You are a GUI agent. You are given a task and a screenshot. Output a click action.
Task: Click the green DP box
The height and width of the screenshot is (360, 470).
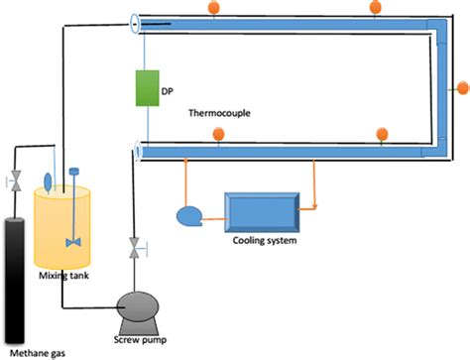(147, 87)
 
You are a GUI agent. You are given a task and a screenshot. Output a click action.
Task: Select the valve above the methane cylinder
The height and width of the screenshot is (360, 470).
(15, 180)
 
